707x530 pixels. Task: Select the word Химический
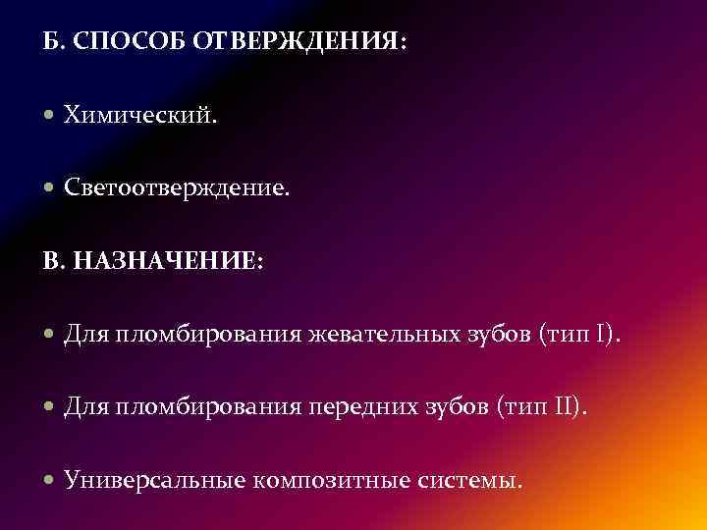(x=140, y=117)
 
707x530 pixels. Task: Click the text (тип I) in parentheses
(x=579, y=337)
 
